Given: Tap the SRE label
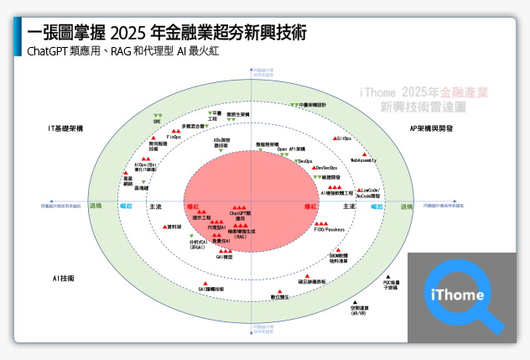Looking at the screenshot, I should [157, 121].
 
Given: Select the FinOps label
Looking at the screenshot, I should [174, 137].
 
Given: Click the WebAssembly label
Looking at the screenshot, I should [363, 159].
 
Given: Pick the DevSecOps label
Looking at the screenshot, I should [315, 169].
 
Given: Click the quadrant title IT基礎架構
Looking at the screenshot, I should [65, 128].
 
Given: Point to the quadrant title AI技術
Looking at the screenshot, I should [64, 277].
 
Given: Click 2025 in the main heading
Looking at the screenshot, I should [127, 34].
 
